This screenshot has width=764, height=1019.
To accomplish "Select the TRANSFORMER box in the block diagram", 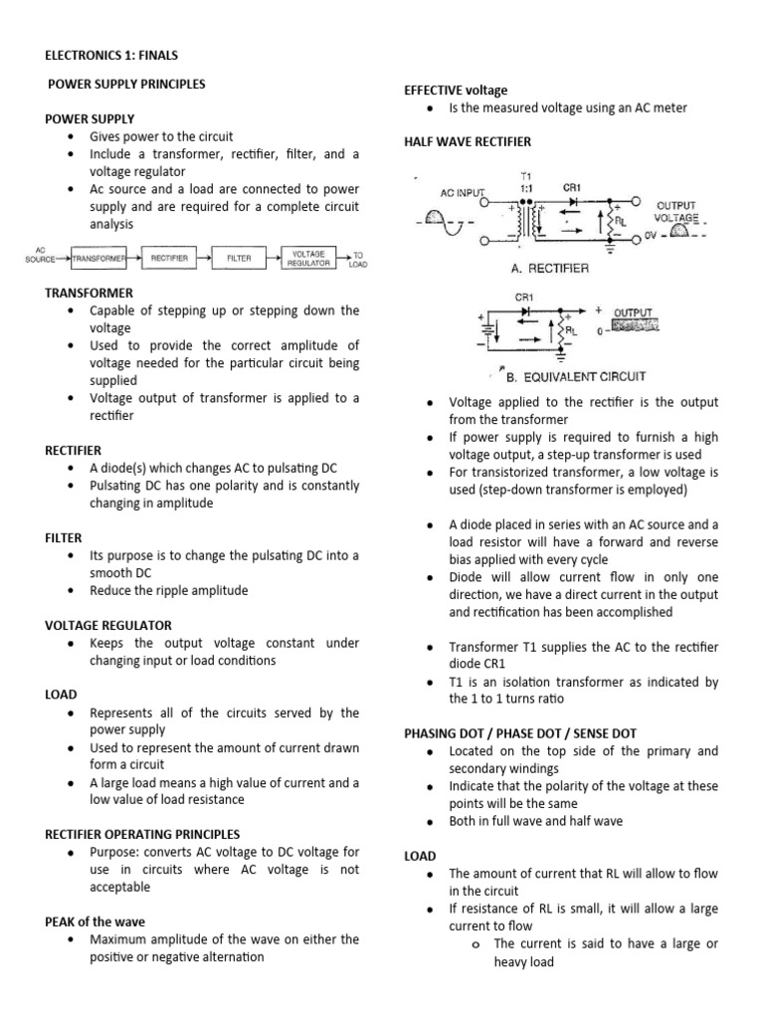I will point(98,258).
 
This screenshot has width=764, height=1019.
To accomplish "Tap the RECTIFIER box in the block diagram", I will point(169,258).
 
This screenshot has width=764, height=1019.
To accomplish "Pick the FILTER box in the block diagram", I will point(239,258).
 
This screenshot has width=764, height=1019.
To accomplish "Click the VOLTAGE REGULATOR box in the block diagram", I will point(309,258).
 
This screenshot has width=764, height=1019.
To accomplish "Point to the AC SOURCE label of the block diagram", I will point(41,256).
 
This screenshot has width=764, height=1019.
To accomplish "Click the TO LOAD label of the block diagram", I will point(357,259).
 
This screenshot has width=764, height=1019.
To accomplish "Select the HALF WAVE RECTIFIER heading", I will point(467,142).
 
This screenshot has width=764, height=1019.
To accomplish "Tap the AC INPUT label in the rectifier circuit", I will point(465,194).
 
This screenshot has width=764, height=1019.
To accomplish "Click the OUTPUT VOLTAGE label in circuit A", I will point(675,211).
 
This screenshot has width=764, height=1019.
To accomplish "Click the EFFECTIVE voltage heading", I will point(455,90).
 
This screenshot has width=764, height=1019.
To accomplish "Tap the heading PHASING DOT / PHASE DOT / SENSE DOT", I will point(519,733).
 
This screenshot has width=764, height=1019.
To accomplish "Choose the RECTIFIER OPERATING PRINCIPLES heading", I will point(142,834).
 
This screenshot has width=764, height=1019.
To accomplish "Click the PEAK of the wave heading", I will point(95,921).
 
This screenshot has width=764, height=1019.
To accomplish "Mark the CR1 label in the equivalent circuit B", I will point(524,297).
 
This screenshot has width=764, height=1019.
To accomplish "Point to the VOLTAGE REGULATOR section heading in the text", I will point(108,625).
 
